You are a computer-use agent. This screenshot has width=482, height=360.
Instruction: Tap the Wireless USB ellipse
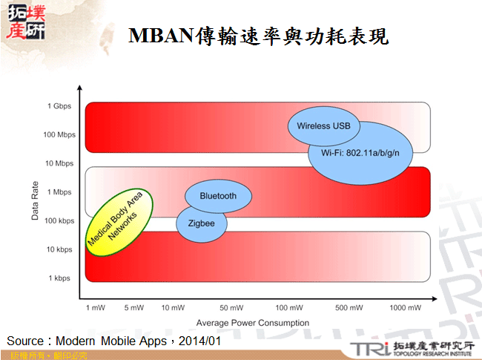(x=323, y=126)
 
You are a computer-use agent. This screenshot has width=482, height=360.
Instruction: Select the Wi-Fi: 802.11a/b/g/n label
(x=361, y=153)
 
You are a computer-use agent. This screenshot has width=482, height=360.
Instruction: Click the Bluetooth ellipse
(x=218, y=196)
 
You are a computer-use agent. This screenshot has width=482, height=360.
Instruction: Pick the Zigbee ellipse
(x=201, y=222)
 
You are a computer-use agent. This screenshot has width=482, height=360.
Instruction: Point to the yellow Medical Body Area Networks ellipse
(x=119, y=222)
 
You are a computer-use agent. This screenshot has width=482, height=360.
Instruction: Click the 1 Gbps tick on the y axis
(x=59, y=106)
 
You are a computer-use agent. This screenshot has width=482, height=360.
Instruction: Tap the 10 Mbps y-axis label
(x=59, y=163)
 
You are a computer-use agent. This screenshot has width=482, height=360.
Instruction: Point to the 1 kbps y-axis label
(x=60, y=278)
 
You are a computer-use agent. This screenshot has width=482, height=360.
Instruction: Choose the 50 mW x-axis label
(x=231, y=307)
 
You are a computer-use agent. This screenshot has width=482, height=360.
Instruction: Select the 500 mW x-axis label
(x=348, y=307)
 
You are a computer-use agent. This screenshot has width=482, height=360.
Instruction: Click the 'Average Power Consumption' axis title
(x=252, y=323)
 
